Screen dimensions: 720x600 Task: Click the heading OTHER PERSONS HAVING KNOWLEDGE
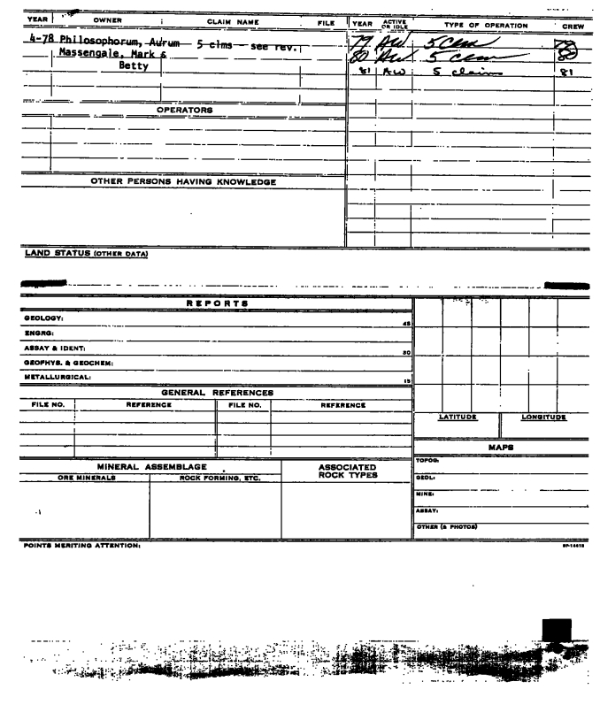(x=184, y=183)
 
